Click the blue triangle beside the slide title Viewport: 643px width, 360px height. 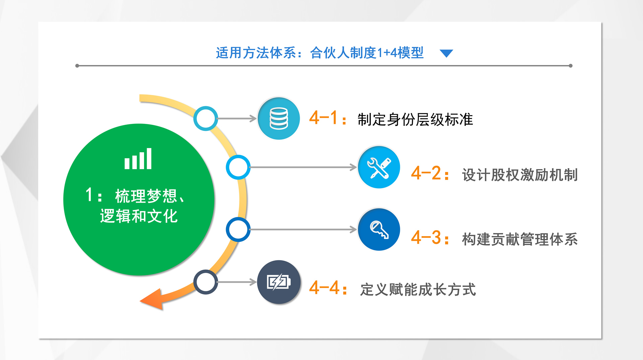click(446, 53)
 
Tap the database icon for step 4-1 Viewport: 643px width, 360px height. click(279, 119)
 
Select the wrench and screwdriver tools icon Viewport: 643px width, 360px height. click(379, 168)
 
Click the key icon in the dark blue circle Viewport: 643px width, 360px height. click(379, 229)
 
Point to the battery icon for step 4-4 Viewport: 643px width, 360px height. click(279, 282)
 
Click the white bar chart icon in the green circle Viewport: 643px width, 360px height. click(138, 159)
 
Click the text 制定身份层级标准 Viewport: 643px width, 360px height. click(415, 120)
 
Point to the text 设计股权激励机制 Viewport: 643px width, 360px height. click(520, 175)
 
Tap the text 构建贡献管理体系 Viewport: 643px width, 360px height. click(520, 239)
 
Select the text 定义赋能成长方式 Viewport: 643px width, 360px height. click(418, 289)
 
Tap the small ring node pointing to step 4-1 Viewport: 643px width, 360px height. click(206, 109)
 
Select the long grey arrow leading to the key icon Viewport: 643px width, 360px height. click(303, 229)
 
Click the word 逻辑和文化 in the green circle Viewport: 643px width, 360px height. click(139, 216)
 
